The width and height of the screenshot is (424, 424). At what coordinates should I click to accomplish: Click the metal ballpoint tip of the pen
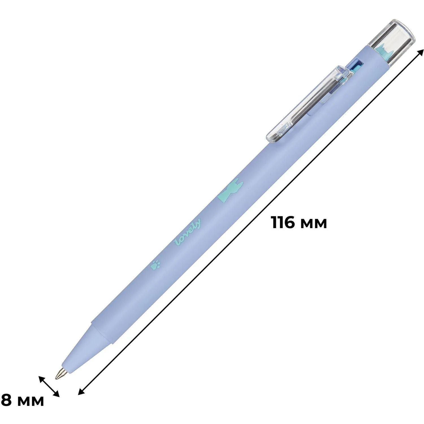(x=60, y=373)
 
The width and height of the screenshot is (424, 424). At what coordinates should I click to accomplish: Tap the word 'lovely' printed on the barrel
(x=188, y=232)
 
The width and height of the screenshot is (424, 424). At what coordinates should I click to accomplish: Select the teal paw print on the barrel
(x=155, y=265)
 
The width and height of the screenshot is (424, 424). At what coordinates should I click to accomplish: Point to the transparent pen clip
(x=310, y=103)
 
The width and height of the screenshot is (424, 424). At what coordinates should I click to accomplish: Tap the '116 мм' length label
(x=299, y=222)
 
